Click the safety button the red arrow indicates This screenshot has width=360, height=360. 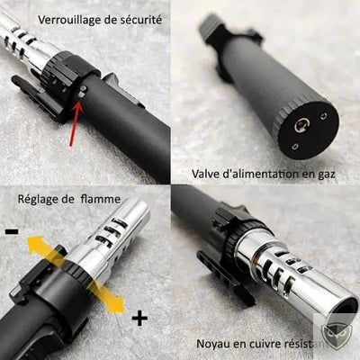(x=83, y=93)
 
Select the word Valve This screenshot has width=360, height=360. (x=208, y=173)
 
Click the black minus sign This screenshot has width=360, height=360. (x=12, y=232)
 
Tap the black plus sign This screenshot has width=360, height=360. (x=139, y=318)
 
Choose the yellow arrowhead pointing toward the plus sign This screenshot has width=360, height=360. (x=116, y=306)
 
